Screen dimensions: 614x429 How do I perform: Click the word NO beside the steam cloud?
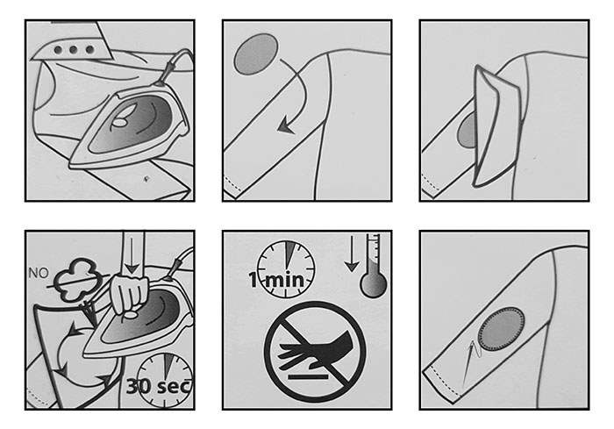click(39, 273)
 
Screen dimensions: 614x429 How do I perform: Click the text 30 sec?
click(159, 386)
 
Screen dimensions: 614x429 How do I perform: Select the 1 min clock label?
click(276, 280)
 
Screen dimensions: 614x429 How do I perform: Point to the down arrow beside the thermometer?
click(352, 254)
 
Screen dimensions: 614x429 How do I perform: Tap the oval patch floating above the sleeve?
click(256, 54)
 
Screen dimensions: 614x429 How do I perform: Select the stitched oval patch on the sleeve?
click(501, 328)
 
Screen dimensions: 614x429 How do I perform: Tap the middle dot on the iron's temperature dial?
click(73, 50)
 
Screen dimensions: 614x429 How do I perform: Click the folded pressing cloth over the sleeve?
click(496, 125)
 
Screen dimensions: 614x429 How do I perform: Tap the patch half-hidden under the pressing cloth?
click(466, 132)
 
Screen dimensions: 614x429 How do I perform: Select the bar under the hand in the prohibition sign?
click(308, 377)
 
